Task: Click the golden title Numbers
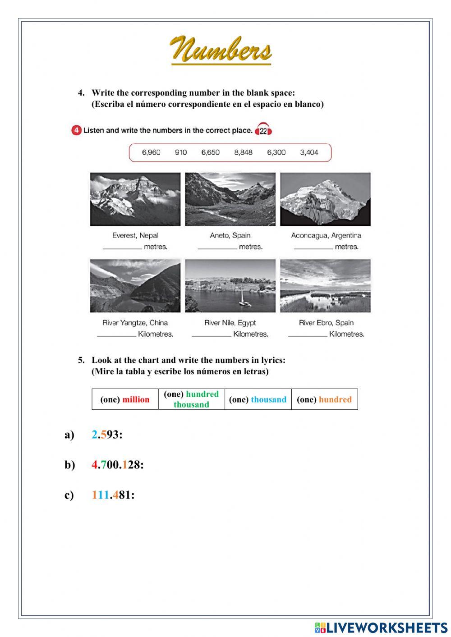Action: click(221, 50)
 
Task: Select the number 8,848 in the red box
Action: click(243, 152)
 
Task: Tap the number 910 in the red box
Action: click(181, 152)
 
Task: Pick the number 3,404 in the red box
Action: click(309, 152)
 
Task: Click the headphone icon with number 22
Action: click(263, 130)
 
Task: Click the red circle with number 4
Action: click(76, 130)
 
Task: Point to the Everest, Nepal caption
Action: click(135, 235)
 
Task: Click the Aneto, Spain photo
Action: click(230, 199)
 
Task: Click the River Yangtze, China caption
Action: click(135, 323)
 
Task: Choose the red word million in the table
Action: click(136, 399)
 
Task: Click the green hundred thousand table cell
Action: click(192, 399)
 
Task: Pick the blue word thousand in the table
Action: click(268, 399)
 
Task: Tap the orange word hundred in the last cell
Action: click(335, 399)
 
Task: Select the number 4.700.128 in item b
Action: click(116, 465)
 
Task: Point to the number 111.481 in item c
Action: click(111, 495)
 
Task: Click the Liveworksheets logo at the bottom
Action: click(381, 628)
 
